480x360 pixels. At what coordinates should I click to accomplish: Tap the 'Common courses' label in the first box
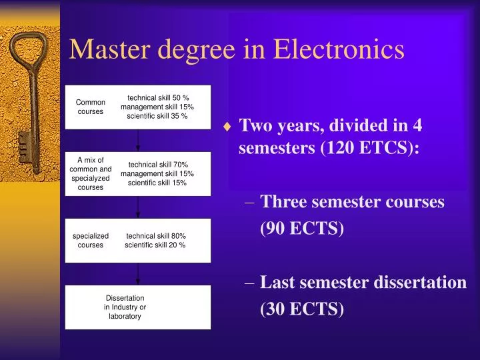[x=91, y=107]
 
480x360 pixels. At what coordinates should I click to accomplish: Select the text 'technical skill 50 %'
[x=158, y=98]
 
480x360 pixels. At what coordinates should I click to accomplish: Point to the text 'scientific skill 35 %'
[x=157, y=116]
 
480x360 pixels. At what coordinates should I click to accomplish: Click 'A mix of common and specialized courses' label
[x=91, y=173]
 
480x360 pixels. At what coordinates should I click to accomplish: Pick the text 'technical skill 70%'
[x=158, y=165]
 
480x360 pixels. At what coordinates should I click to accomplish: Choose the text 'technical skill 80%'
[x=156, y=235]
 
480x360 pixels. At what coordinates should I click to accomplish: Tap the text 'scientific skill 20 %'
[x=155, y=245]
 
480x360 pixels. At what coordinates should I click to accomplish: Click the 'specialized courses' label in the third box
[x=91, y=240]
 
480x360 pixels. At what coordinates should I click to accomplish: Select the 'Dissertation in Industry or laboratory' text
[x=125, y=307]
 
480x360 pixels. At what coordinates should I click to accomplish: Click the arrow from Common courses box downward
[x=138, y=139]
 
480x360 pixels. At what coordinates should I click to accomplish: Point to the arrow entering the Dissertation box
[x=138, y=274]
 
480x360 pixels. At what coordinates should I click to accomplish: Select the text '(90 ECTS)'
[x=301, y=229]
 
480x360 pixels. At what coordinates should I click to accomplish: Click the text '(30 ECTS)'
[x=301, y=309]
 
